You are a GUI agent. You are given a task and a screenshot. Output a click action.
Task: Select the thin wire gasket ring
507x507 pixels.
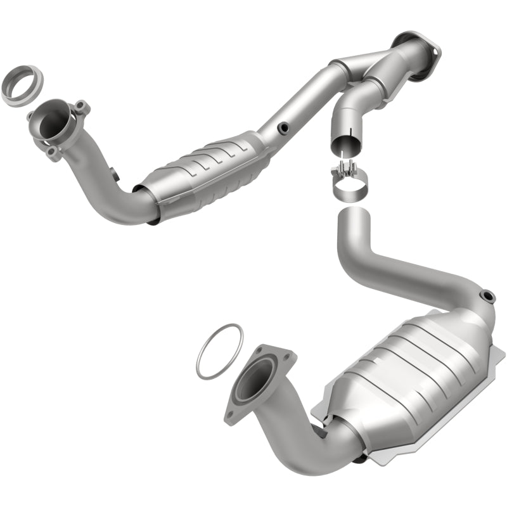pyautogui.click(x=219, y=352)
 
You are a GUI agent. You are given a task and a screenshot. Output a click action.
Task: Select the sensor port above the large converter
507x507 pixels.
pyautogui.click(x=487, y=295)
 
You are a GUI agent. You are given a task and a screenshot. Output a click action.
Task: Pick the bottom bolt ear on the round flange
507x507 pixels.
pyautogui.click(x=54, y=151)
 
